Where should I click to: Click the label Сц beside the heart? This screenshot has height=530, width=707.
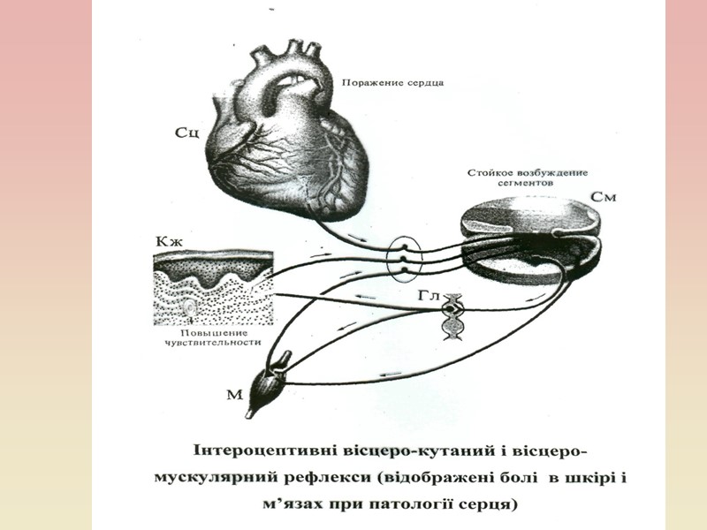coord(192,133)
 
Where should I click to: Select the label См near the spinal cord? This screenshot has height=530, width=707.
coord(602,197)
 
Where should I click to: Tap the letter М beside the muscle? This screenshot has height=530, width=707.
coord(233,395)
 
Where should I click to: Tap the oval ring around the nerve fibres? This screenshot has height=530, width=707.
coord(405,257)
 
